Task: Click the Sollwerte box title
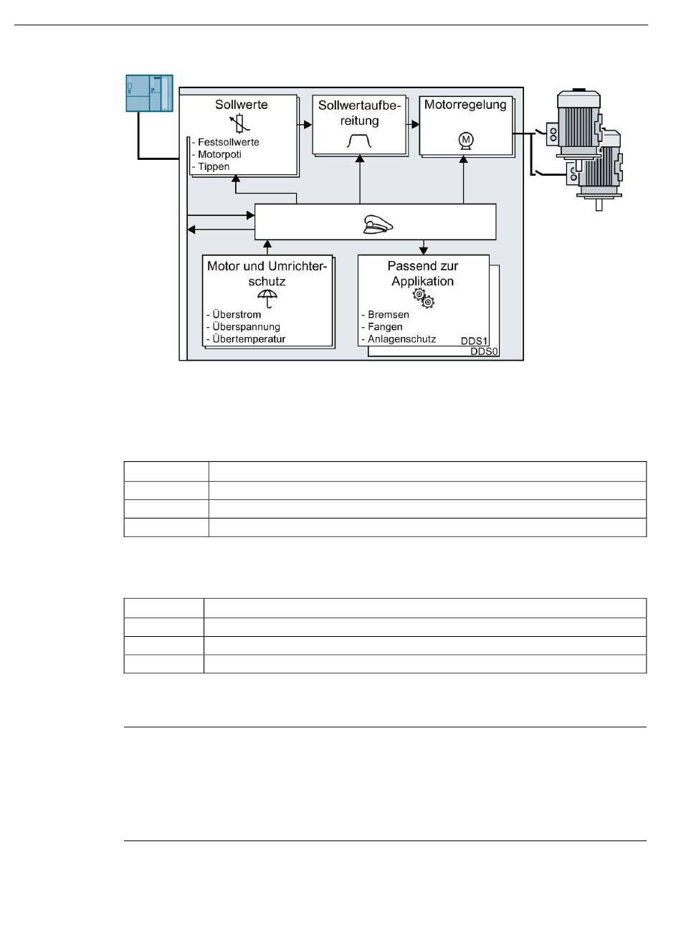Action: [x=242, y=105]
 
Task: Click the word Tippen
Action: [x=214, y=166]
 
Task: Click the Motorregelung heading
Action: [x=465, y=105]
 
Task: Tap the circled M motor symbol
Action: [x=466, y=139]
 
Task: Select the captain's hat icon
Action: [x=375, y=224]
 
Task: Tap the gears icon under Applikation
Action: [x=423, y=299]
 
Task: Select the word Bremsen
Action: [x=388, y=315]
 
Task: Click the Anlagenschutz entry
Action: [x=401, y=339]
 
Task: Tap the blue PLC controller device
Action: [x=150, y=93]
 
